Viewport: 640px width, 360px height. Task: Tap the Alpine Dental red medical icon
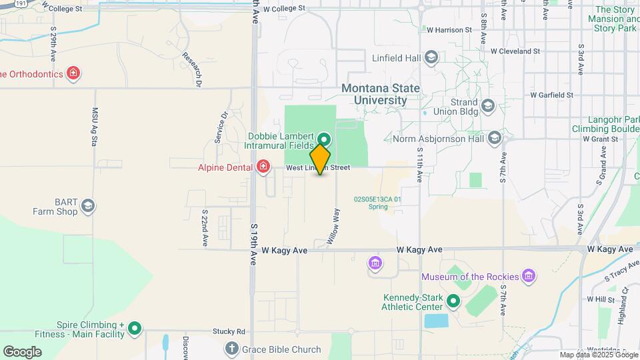263,166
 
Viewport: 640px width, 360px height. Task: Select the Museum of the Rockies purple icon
529,275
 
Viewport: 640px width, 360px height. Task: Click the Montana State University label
381,94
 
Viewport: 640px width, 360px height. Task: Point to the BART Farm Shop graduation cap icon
88,206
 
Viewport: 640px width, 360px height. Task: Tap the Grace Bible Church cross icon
231,348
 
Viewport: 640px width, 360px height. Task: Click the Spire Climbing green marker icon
135,328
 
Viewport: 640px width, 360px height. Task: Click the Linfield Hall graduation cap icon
431,57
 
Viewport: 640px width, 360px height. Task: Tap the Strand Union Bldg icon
488,106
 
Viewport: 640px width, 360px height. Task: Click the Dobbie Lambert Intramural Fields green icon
324,139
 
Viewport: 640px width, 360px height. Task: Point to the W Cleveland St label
515,51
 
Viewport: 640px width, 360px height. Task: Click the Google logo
22,351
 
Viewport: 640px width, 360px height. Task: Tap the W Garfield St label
552,95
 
